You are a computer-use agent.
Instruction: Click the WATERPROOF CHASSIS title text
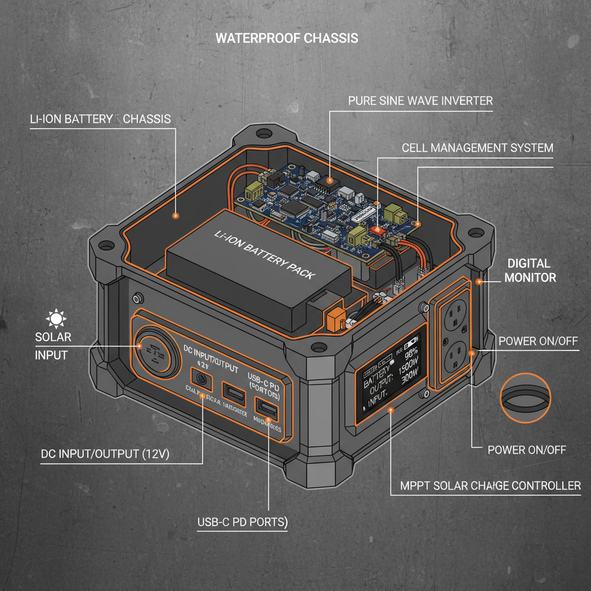click(287, 39)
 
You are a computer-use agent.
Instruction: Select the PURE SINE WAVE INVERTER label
click(420, 100)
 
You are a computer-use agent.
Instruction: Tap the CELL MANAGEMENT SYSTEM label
click(477, 148)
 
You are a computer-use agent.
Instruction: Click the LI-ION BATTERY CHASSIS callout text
click(100, 119)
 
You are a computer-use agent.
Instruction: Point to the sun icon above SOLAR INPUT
click(57, 318)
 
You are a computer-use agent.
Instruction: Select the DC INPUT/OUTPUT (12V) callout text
click(104, 454)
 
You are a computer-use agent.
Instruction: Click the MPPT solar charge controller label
click(491, 485)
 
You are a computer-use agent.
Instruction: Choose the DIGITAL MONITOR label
click(530, 270)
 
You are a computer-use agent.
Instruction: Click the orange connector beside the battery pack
click(335, 318)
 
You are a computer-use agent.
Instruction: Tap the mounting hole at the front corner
click(317, 348)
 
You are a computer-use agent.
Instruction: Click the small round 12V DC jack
click(202, 379)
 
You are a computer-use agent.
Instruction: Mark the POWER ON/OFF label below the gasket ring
click(526, 450)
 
